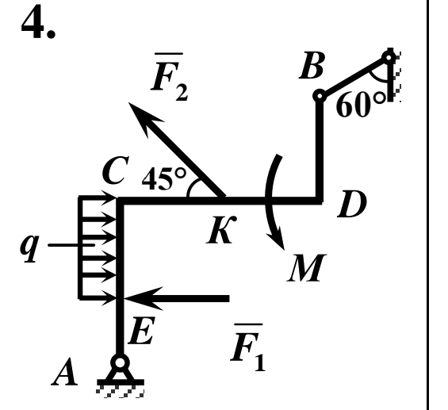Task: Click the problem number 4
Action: pos(38,22)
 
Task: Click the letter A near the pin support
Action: pos(64,372)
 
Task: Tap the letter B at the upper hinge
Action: pos(312,65)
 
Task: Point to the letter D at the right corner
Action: pos(351,204)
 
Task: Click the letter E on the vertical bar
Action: pos(142,330)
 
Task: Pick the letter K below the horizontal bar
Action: pos(221,229)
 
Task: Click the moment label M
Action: pos(307,268)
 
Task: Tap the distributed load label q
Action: pos(29,248)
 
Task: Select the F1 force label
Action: pos(247,347)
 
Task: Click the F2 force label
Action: pos(170,77)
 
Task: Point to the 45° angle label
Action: pos(163,178)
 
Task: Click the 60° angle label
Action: pos(361,105)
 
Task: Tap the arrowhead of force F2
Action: pos(143,117)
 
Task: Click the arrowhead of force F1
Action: pos(142,298)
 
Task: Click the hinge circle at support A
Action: pos(120,362)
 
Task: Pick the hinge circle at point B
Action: pos(320,96)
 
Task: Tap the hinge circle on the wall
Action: pos(389,58)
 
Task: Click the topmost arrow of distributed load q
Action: pos(98,197)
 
